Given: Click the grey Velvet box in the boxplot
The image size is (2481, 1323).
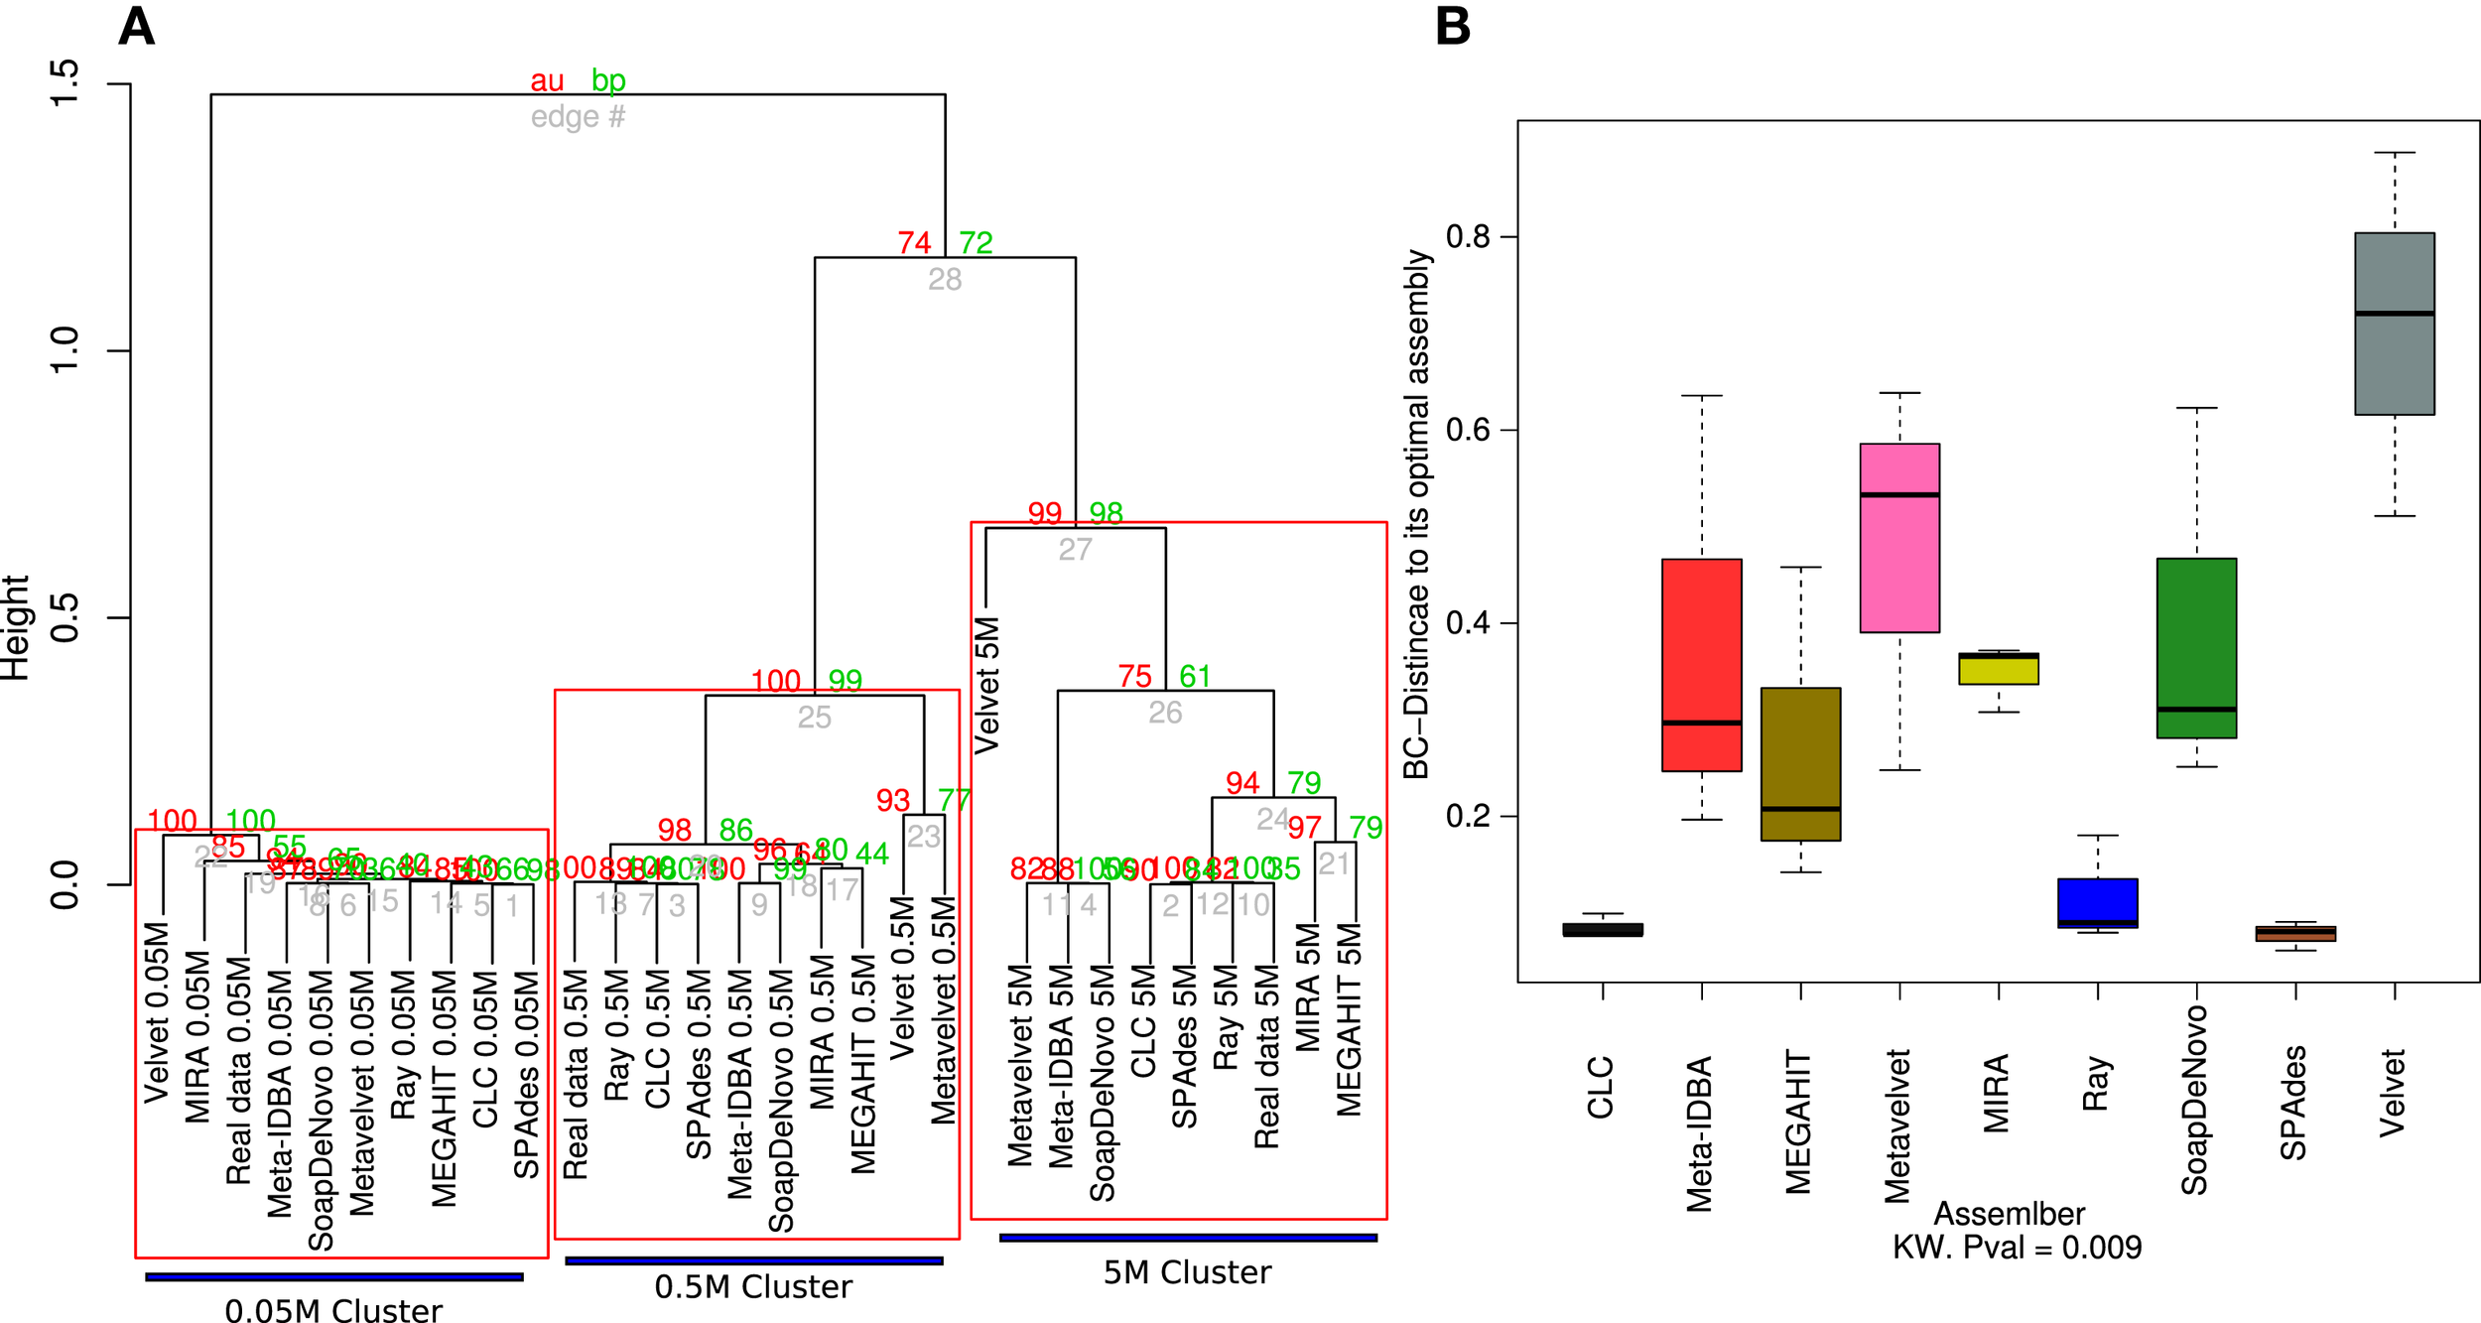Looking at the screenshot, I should click(2394, 324).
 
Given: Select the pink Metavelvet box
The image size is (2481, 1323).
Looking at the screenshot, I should click(1898, 537).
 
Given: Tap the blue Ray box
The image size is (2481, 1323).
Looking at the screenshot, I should click(2097, 902).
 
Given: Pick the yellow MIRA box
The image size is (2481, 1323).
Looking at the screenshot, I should click(1998, 668).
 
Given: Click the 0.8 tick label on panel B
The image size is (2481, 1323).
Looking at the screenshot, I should click(1468, 236).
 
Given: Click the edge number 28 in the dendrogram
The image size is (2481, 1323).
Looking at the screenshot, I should click(944, 279).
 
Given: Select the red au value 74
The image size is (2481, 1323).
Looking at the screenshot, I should click(913, 242).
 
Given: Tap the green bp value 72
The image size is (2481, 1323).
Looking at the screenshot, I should click(975, 242).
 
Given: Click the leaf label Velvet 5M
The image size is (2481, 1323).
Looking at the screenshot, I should click(986, 685).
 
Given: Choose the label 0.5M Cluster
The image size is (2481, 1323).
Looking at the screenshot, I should click(752, 1286).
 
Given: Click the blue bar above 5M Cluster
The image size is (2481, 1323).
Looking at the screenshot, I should click(1187, 1238).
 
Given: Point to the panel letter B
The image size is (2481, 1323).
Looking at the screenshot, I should click(1452, 26).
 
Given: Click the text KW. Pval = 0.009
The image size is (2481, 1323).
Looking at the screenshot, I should click(2016, 1247).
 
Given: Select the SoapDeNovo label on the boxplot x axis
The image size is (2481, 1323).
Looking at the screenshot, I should click(2194, 1100).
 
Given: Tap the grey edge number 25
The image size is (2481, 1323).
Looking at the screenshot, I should click(814, 717).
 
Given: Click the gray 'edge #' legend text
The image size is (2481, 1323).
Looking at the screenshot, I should click(578, 117).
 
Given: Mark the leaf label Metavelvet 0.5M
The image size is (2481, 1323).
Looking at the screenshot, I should click(943, 1009).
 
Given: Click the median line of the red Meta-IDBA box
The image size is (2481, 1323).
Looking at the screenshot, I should click(1701, 723).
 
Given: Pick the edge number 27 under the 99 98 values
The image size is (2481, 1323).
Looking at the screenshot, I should click(1075, 549).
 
